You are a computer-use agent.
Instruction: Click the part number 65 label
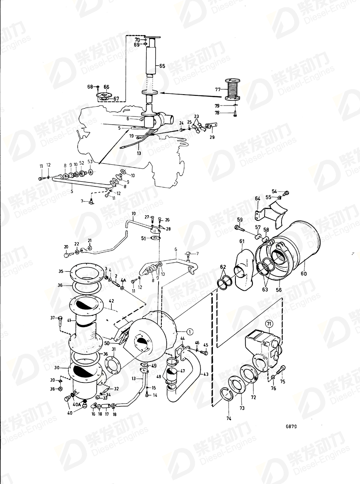[162, 66]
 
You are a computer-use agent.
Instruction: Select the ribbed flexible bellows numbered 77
[233, 90]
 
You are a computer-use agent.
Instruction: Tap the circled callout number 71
[269, 324]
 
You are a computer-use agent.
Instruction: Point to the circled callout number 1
[191, 330]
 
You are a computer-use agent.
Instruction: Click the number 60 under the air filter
[304, 274]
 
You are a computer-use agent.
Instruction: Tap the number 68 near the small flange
[90, 87]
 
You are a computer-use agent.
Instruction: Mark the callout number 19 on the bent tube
[132, 213]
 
